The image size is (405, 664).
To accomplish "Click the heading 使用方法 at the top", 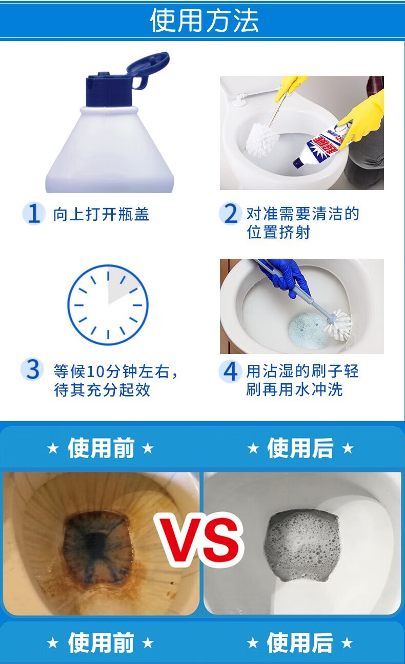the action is click(204, 20).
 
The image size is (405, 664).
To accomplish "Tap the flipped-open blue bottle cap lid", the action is click(148, 70).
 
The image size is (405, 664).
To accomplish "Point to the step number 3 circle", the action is click(32, 369).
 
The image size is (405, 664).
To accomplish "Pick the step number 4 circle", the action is click(229, 371).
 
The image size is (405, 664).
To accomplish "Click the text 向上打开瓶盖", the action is click(101, 214).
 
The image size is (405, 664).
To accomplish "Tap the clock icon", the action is click(108, 305).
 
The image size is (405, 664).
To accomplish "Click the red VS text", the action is click(199, 540).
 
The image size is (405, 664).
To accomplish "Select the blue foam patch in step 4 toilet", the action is click(308, 330).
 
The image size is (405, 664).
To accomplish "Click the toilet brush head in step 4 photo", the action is click(339, 325).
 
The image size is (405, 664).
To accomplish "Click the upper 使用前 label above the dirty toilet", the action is click(101, 448).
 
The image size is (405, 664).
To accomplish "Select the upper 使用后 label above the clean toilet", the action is click(300, 448).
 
